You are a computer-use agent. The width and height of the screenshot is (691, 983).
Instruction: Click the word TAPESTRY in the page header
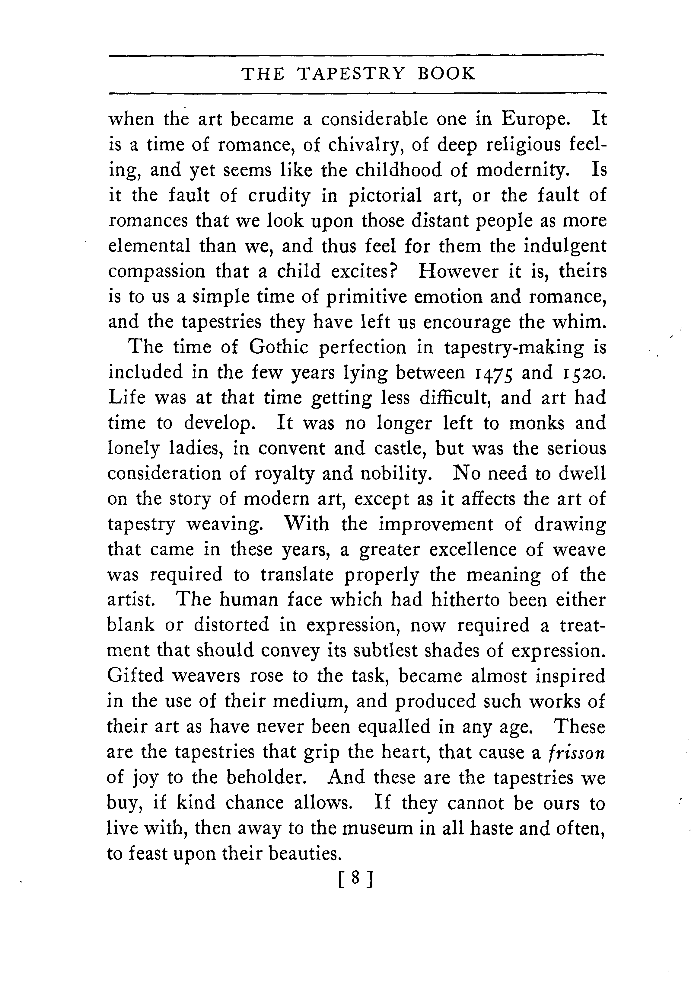[x=350, y=74]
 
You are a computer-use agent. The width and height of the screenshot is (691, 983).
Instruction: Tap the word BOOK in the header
[x=446, y=74]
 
